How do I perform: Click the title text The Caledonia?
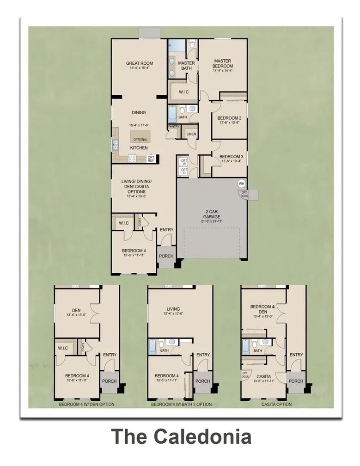181,436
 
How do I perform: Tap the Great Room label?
140,63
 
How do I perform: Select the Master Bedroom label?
222,63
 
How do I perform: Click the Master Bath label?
186,66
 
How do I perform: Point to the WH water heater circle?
241,184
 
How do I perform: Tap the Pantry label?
174,126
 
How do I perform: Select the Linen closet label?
191,134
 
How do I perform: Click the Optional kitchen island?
140,139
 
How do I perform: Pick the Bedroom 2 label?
229,117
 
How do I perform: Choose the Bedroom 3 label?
231,156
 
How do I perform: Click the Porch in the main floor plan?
166,256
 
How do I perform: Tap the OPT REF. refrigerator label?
151,159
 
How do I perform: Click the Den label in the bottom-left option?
76,311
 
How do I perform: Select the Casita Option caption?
273,405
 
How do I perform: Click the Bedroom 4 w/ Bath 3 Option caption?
181,405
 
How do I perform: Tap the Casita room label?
263,376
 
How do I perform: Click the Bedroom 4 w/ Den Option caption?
86,405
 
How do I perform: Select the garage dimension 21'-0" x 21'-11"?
213,221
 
